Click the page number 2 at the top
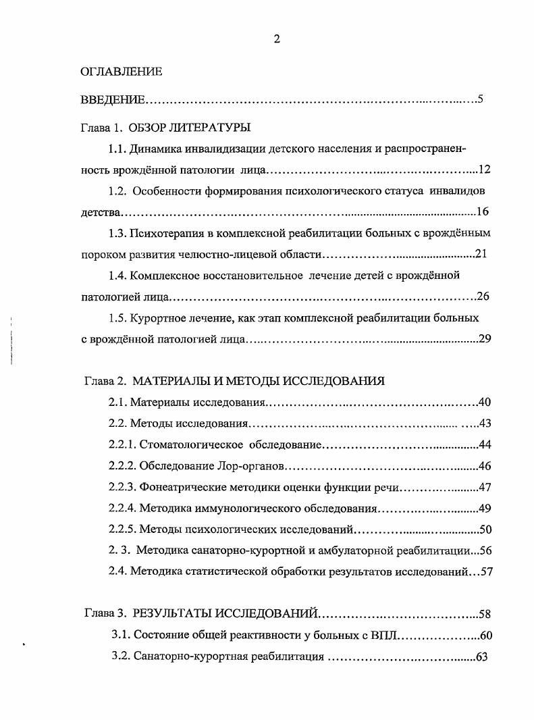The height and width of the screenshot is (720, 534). pos(277,39)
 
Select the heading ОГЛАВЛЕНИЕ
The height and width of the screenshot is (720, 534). pos(122,71)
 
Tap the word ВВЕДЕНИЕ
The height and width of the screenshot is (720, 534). pos(113,100)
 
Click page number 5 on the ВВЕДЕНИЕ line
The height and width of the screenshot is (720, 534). pos(479,100)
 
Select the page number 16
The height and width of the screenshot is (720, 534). pos(482,212)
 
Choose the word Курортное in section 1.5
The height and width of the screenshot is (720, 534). pos(157,317)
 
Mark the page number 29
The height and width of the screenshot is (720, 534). pos(484,339)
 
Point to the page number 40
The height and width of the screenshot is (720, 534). pos(484,403)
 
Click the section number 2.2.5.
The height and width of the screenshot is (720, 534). pos(122,530)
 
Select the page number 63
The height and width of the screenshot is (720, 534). pos(481,657)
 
